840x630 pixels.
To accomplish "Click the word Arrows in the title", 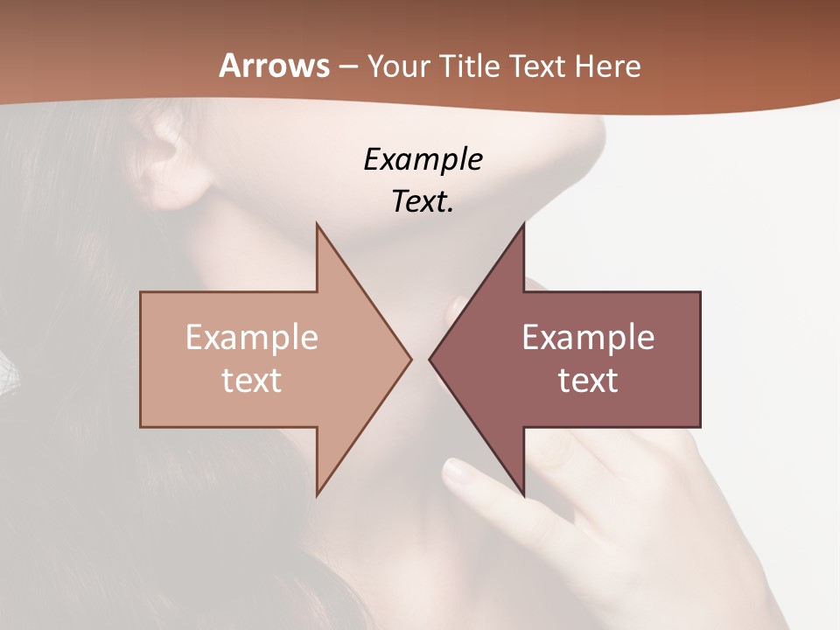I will pyautogui.click(x=275, y=66).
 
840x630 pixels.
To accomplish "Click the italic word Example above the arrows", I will pyautogui.click(x=423, y=159).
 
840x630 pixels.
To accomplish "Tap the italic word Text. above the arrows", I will pyautogui.click(x=423, y=201).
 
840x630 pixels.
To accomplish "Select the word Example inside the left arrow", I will pyautogui.click(x=252, y=337).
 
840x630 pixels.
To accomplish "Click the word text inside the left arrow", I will pyautogui.click(x=252, y=380).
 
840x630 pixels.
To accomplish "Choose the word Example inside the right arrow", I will pyautogui.click(x=588, y=337).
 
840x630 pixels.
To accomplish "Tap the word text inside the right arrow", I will pyautogui.click(x=588, y=380).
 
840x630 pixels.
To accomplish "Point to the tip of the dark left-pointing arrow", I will pyautogui.click(x=430, y=359).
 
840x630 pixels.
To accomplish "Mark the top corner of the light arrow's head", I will pyautogui.click(x=317, y=225).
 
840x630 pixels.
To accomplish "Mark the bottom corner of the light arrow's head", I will pyautogui.click(x=317, y=494).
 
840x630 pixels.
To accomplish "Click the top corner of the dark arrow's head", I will pyautogui.click(x=523, y=225).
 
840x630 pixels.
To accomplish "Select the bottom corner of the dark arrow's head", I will pyautogui.click(x=523, y=494).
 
